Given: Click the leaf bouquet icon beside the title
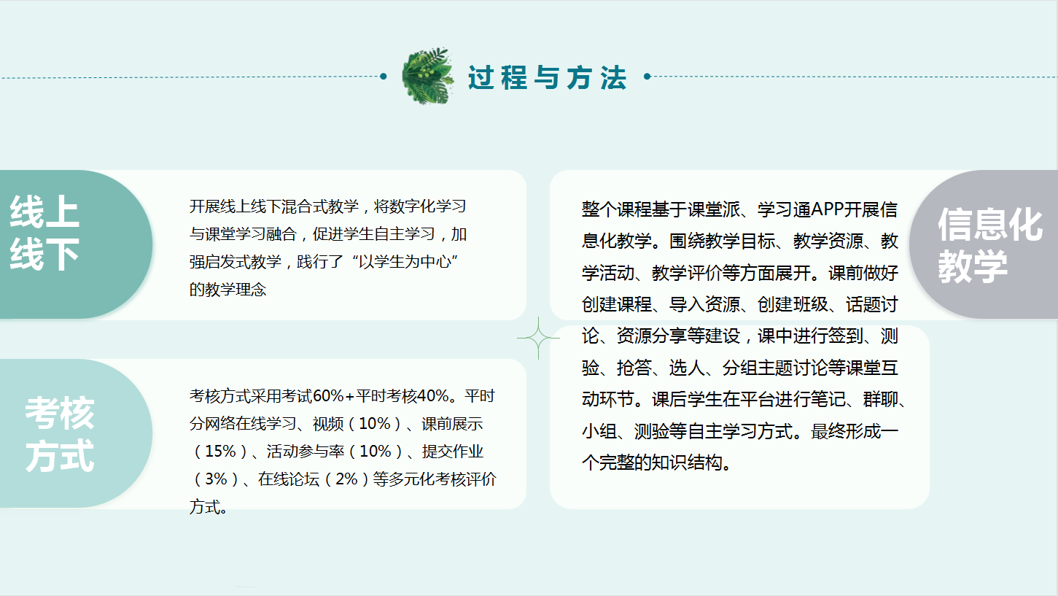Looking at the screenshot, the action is (x=428, y=76).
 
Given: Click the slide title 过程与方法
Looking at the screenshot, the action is (x=548, y=78).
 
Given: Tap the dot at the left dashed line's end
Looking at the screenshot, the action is (x=384, y=76).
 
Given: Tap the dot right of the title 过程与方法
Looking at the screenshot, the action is (x=647, y=76).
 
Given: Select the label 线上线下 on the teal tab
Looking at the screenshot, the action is (x=44, y=233).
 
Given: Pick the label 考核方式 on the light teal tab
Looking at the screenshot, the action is (x=60, y=434).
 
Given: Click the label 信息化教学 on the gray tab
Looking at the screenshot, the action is (x=990, y=245).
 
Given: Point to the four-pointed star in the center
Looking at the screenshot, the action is (x=538, y=338).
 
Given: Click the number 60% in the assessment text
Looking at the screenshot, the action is (x=328, y=396).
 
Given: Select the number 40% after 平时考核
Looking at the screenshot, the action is (x=432, y=396).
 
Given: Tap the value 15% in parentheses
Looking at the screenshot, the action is (x=221, y=452).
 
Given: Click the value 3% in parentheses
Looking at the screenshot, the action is (x=217, y=479).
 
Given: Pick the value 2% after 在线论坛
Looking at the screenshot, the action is (x=346, y=479).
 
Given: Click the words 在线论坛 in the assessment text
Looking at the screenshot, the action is (x=289, y=479).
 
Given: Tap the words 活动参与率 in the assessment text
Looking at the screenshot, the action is (x=305, y=452).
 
